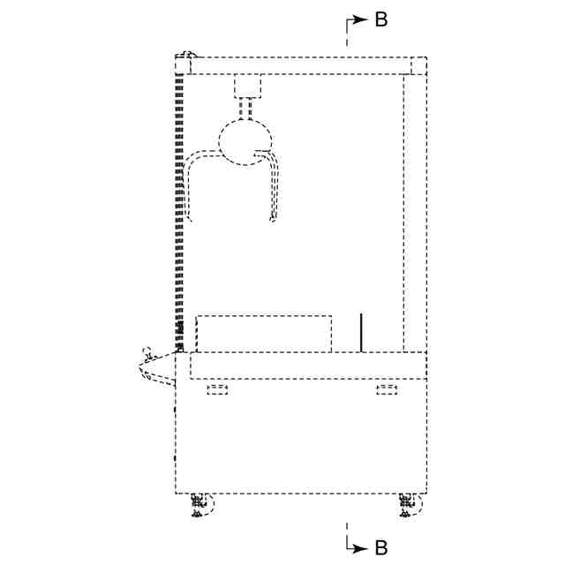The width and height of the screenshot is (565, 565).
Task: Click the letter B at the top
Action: click(381, 19)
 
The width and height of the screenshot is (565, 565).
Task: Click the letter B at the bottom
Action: click(381, 547)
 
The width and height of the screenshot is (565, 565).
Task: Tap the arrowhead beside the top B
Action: click(359, 19)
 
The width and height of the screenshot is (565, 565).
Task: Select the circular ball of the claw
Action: click(245, 142)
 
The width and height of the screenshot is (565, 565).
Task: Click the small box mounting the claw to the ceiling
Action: click(247, 86)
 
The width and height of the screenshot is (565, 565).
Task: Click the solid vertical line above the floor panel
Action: click(361, 333)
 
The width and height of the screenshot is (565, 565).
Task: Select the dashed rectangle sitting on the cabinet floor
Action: click(264, 334)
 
